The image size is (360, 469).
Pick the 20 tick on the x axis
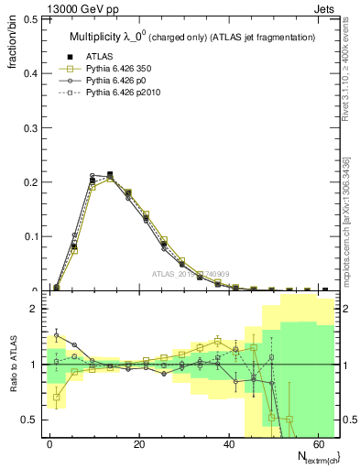pos(139,443)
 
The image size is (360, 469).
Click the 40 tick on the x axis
pos(229,443)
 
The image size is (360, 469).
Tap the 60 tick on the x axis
pos(319,443)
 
